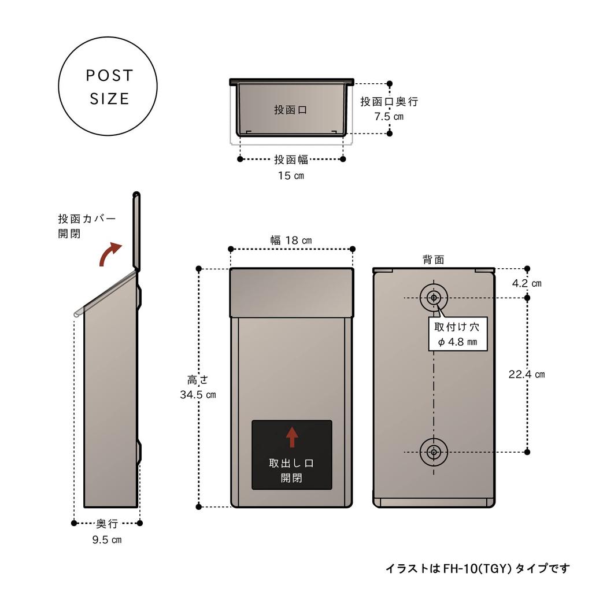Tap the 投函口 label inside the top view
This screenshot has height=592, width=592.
[x=291, y=110]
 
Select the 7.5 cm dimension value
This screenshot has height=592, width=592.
[x=389, y=116]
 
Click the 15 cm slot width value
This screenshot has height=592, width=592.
[x=291, y=175]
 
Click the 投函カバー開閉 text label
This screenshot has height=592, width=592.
[x=87, y=226]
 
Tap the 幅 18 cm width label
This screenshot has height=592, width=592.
[x=291, y=240]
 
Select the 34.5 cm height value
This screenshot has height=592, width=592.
[x=198, y=395]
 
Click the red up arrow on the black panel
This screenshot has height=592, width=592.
[x=292, y=436]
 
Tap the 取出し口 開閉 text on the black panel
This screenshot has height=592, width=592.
[x=292, y=471]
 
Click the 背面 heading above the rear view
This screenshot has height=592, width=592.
[x=434, y=260]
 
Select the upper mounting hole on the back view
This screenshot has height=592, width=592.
[x=434, y=298]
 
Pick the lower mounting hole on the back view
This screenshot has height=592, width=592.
[x=434, y=452]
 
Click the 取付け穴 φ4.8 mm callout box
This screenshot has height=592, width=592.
[x=457, y=334]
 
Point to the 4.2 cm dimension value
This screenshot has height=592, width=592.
[x=527, y=283]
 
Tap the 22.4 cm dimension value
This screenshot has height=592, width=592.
[x=527, y=374]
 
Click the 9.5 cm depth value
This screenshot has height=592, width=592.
[x=107, y=540]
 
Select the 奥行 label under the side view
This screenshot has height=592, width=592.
[x=107, y=523]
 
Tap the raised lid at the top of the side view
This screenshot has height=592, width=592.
[x=136, y=231]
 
